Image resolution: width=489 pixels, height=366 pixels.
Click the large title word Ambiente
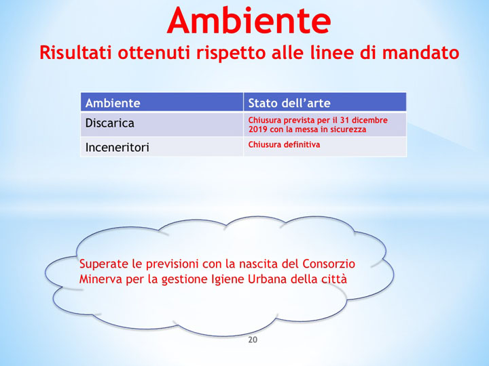click(x=249, y=20)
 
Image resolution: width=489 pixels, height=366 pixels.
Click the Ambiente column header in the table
click(x=113, y=103)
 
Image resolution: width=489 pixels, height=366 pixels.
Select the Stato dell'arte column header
click(x=289, y=103)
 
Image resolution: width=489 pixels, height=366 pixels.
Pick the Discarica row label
click(x=110, y=123)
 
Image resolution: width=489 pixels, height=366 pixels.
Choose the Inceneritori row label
click(x=117, y=146)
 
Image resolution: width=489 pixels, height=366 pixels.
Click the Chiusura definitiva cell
click(x=284, y=144)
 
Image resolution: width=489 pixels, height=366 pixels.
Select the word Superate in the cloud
click(x=101, y=264)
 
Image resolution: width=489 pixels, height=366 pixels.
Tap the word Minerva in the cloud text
click(x=100, y=279)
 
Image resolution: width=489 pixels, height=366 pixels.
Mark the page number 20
click(x=253, y=340)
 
